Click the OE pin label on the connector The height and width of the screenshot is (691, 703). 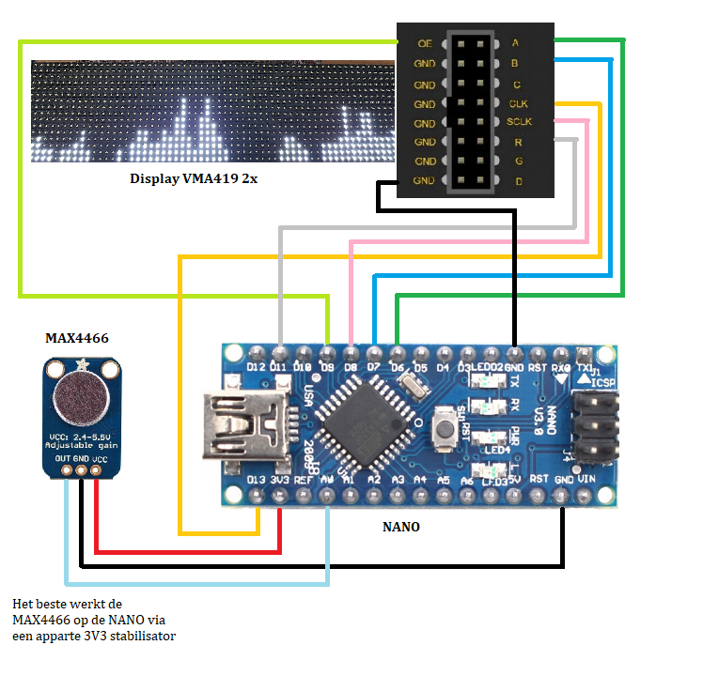click(424, 43)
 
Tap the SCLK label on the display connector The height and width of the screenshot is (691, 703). click(519, 122)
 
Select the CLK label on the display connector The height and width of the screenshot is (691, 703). click(518, 103)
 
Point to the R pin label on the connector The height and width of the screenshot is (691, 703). click(517, 142)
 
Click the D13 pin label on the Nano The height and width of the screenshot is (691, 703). click(256, 481)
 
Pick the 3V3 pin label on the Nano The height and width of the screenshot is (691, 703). click(279, 481)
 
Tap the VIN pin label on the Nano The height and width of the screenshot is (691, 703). click(587, 479)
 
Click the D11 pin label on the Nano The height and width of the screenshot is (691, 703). click(279, 366)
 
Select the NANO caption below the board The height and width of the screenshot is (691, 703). click(401, 527)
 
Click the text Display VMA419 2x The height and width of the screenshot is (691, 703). click(194, 178)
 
